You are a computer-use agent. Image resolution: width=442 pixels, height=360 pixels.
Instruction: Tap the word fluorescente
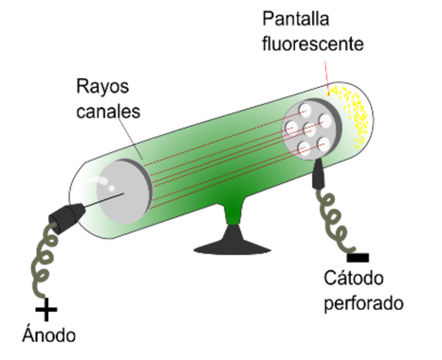tap(313, 43)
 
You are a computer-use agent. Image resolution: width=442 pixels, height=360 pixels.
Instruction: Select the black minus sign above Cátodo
tap(358, 257)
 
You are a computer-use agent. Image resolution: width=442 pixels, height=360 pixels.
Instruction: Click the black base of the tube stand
tap(231, 244)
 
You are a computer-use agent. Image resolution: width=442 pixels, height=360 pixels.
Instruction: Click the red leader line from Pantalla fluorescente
tap(326, 71)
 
